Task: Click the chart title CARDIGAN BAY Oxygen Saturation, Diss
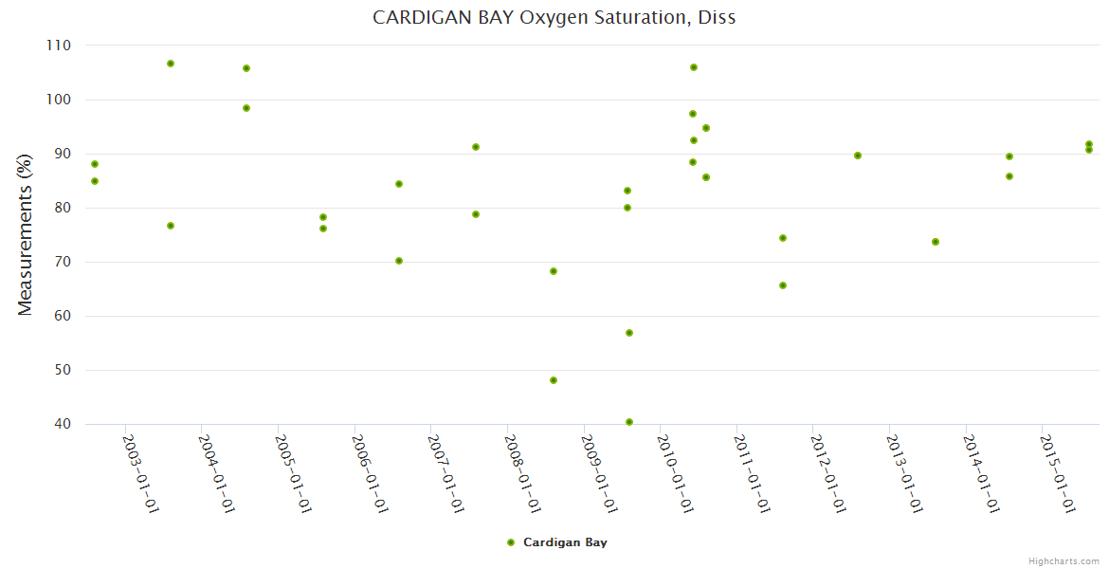click(554, 17)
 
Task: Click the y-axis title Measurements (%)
click(26, 235)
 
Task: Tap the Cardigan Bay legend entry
click(557, 542)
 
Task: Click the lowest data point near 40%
click(629, 422)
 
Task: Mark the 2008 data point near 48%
click(554, 380)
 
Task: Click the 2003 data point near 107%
click(171, 64)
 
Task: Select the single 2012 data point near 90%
click(858, 156)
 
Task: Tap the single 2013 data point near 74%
click(936, 242)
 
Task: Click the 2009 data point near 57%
click(629, 333)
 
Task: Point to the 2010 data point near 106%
click(694, 67)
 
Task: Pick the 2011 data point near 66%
click(783, 285)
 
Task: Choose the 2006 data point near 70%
click(399, 261)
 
